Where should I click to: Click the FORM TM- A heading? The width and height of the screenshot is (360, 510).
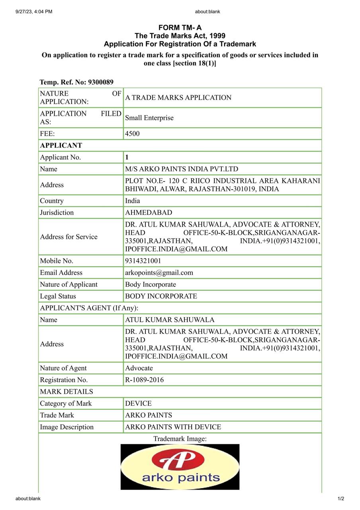pyautogui.click(x=180, y=27)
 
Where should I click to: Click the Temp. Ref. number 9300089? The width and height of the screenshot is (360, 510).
pyautogui.click(x=100, y=82)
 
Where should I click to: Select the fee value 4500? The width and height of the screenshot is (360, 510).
pyautogui.click(x=132, y=133)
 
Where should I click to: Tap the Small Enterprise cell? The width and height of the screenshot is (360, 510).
pyautogui.click(x=149, y=118)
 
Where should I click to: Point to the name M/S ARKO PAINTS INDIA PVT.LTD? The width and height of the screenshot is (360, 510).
pyautogui.click(x=182, y=169)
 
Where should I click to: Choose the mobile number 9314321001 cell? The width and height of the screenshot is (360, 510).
pyautogui.click(x=143, y=261)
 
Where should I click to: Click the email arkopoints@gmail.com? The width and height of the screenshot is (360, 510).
pyautogui.click(x=159, y=273)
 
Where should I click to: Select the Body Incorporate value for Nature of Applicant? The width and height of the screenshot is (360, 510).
pyautogui.click(x=151, y=284)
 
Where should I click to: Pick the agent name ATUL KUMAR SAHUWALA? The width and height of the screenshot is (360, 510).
pyautogui.click(x=170, y=320)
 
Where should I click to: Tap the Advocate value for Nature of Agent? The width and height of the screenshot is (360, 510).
pyautogui.click(x=139, y=368)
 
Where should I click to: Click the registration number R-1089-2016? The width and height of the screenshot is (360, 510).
pyautogui.click(x=144, y=380)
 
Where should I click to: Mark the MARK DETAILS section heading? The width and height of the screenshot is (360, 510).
pyautogui.click(x=67, y=392)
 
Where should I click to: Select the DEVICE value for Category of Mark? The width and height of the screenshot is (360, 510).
pyautogui.click(x=138, y=403)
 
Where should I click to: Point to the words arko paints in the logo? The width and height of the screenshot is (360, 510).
pyautogui.click(x=181, y=477)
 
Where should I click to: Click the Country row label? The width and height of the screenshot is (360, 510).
pyautogui.click(x=52, y=201)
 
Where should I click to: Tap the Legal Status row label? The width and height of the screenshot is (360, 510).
pyautogui.click(x=58, y=296)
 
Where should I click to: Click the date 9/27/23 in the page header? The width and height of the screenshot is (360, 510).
pyautogui.click(x=25, y=12)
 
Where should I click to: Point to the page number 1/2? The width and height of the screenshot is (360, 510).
pyautogui.click(x=341, y=498)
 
